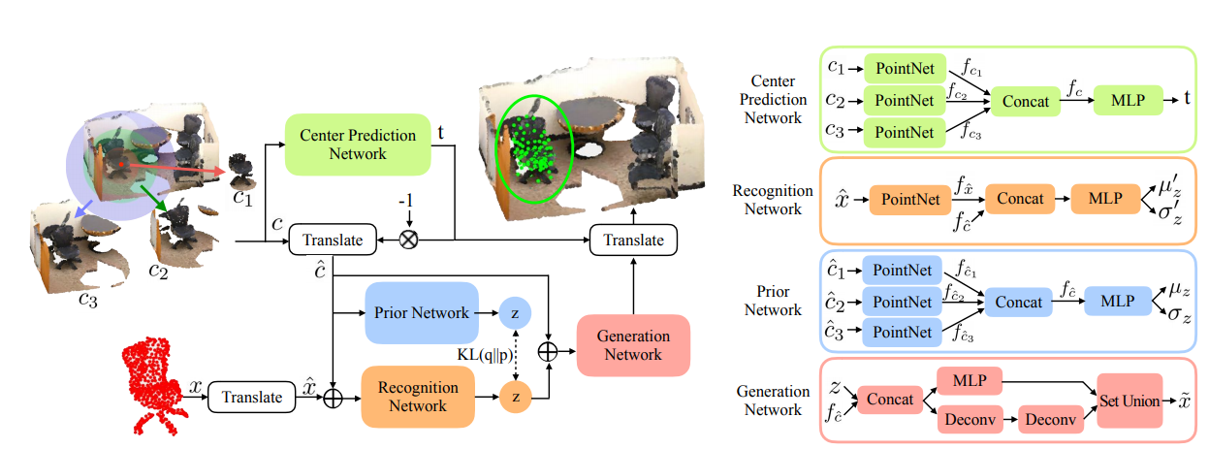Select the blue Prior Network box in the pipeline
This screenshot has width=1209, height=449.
pos(422,312)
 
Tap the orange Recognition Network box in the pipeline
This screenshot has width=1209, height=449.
pos(417,397)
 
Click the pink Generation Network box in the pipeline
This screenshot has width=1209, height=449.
pos(633,345)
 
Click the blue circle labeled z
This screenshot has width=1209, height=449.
pos(516,312)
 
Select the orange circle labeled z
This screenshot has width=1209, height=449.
pos(516,397)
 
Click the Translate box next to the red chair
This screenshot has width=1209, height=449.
pos(251,397)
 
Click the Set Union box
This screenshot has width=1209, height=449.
pos(1128,401)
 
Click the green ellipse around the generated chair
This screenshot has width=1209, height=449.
pos(534,147)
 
